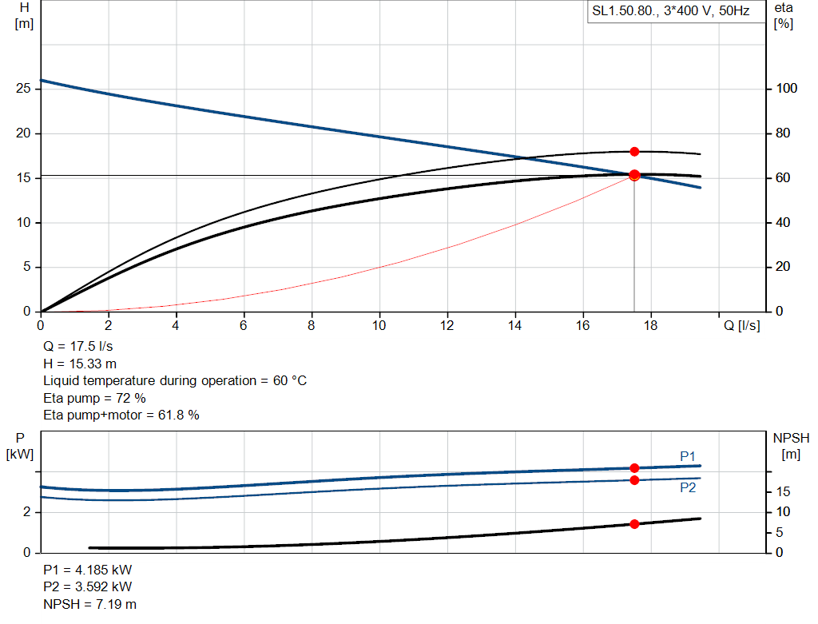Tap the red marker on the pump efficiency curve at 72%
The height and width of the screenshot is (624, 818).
(x=634, y=152)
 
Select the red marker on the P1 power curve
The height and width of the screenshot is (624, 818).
(x=634, y=468)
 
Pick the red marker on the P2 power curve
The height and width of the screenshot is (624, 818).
(x=634, y=480)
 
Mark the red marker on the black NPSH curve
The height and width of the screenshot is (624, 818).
(x=634, y=524)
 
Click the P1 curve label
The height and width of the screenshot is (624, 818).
(x=688, y=456)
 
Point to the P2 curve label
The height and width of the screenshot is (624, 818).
(x=688, y=487)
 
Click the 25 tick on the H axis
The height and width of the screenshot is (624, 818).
(x=23, y=89)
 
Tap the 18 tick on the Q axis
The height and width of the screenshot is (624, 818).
(x=650, y=325)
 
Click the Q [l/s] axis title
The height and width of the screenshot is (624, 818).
(x=742, y=325)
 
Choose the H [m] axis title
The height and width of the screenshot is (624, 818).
(x=23, y=15)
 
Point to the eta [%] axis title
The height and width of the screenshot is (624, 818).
(x=784, y=15)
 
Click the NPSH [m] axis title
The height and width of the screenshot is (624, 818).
(x=791, y=446)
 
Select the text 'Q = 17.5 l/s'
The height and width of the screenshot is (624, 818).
(x=78, y=347)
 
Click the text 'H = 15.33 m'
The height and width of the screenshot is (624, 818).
(x=80, y=364)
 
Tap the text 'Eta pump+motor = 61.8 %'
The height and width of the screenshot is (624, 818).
(x=121, y=415)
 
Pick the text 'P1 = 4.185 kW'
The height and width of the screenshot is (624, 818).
(x=87, y=570)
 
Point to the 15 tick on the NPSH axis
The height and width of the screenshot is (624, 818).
(x=784, y=492)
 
